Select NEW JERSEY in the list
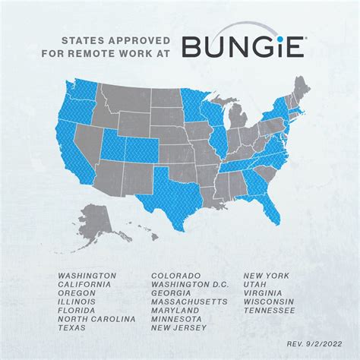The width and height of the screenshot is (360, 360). click(x=179, y=329)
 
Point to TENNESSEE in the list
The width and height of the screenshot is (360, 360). click(x=270, y=311)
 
